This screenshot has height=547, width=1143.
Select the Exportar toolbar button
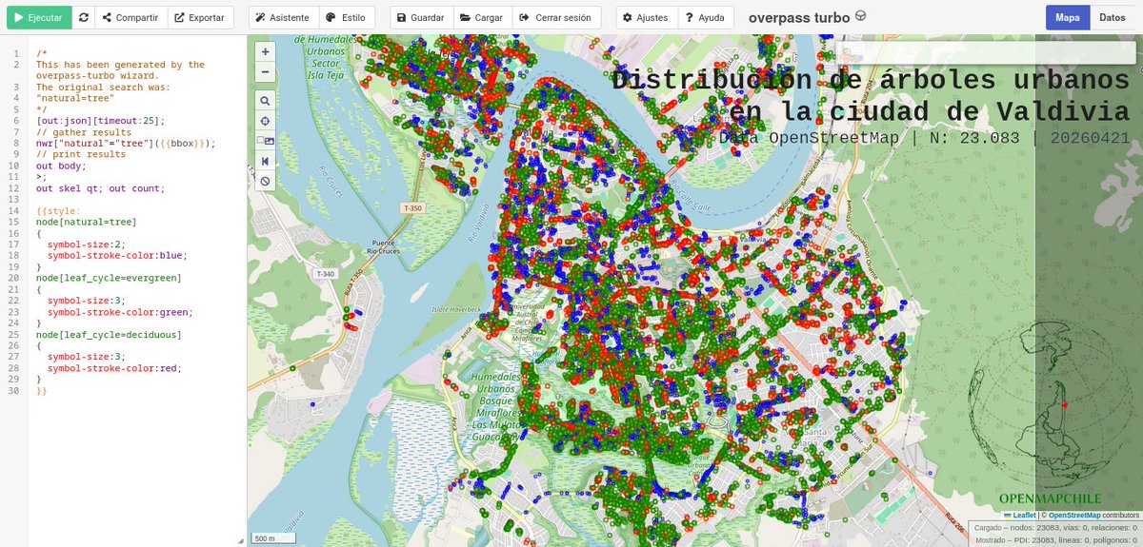coord(199,17)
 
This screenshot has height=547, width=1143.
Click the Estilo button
coord(346,17)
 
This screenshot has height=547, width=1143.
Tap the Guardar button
coord(420,17)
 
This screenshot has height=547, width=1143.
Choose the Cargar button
coord(480,17)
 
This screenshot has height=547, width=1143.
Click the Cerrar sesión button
coord(556,17)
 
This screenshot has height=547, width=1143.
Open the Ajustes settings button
coord(646,17)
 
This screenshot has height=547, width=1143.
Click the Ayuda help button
coord(705,17)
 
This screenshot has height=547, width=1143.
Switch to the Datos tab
coord(1112,17)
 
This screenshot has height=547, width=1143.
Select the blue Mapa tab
coord(1068,17)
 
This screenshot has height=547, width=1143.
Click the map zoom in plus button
coord(266,51)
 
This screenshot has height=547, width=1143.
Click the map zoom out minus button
coord(266,71)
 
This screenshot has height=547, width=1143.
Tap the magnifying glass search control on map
coord(266,100)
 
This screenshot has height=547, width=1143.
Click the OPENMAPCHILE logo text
coord(1050,498)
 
